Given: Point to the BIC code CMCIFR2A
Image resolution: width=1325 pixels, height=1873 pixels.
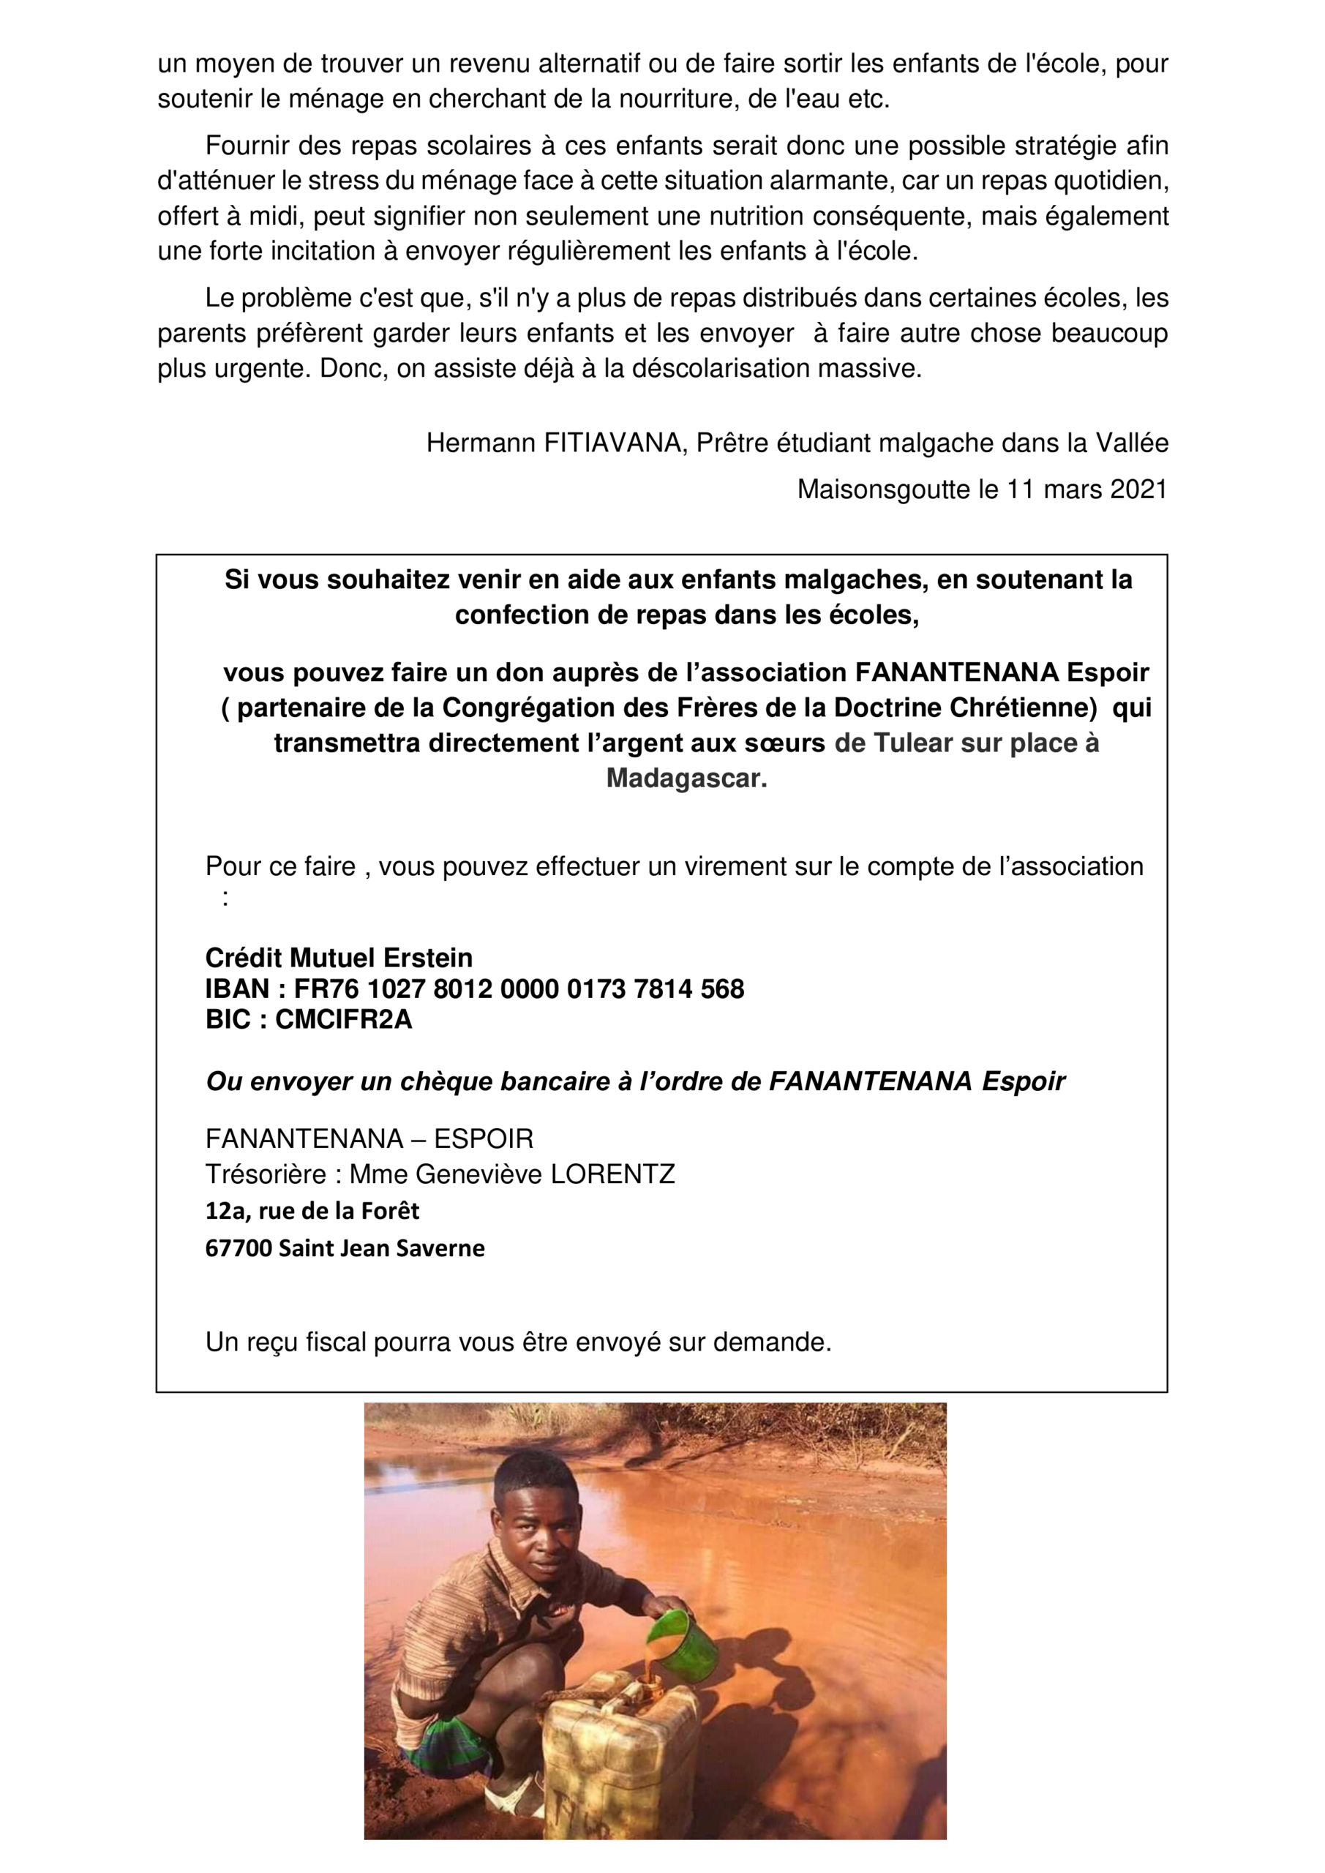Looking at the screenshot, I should [x=343, y=1019].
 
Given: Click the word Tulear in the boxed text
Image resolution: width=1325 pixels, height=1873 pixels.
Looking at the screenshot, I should [x=913, y=743].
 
